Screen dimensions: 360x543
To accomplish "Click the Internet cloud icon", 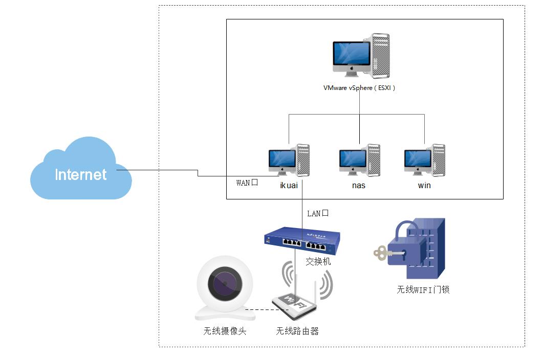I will click(81, 170).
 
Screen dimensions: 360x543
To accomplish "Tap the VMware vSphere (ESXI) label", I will click(359, 88).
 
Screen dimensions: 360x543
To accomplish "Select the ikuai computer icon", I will click(289, 161).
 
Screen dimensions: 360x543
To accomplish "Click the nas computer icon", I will click(359, 161).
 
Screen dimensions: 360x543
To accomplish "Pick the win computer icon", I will click(424, 161).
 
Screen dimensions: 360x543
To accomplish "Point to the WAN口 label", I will click(247, 183).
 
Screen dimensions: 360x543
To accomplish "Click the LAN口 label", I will click(317, 213).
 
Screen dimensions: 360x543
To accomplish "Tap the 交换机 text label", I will click(318, 261).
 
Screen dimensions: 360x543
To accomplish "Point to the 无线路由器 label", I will click(297, 331).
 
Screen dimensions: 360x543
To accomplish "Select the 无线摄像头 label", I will click(225, 331).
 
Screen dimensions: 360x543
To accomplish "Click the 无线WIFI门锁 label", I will click(423, 289).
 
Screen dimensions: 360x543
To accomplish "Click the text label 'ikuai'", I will click(289, 185).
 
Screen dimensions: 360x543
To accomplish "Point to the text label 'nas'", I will click(359, 185).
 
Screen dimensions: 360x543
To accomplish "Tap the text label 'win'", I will click(424, 185).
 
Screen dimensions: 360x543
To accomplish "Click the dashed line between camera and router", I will click(258, 309).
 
